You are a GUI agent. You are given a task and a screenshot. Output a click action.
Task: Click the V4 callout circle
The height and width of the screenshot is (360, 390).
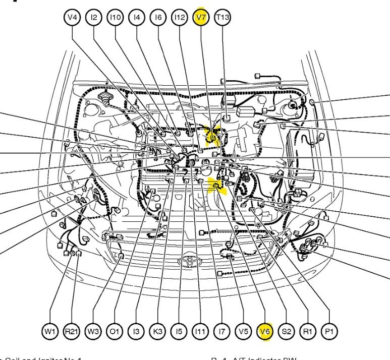[72, 18]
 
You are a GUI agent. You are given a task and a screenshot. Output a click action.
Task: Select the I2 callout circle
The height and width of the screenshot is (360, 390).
[93, 18]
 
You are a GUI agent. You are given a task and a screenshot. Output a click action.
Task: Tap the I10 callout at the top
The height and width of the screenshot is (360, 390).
[115, 18]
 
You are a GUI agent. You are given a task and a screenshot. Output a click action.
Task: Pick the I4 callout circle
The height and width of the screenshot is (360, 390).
[136, 18]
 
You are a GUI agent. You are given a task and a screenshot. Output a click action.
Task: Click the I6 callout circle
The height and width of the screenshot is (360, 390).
[158, 18]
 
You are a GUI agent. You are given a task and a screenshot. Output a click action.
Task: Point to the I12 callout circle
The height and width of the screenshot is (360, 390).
[180, 18]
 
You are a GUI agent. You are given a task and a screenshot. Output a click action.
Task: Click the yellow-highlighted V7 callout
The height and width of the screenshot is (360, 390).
[201, 18]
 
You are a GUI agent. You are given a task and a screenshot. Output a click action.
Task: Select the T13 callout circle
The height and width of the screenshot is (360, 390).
[222, 18]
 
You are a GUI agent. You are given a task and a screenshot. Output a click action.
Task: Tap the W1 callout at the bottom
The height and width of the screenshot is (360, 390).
[49, 331]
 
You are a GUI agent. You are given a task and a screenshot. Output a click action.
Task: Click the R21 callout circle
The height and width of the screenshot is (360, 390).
[71, 331]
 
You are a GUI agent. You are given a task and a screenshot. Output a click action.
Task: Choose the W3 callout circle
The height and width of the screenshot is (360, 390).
[93, 331]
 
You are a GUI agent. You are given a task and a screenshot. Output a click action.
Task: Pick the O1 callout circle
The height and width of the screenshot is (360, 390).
[115, 331]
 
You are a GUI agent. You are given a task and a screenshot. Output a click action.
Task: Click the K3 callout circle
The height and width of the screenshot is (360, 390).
[157, 331]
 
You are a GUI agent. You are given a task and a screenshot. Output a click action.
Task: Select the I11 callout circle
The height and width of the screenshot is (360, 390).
[200, 331]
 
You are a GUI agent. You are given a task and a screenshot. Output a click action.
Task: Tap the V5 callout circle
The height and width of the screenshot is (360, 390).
[243, 331]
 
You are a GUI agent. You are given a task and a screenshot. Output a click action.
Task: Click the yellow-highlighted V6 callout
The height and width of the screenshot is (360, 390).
[265, 331]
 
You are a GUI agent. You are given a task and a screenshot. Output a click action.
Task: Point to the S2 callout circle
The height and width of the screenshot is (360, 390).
[287, 331]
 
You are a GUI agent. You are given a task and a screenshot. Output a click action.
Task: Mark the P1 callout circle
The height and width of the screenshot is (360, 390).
[329, 331]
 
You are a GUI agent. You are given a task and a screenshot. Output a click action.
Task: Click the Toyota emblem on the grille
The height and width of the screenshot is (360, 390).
[190, 261]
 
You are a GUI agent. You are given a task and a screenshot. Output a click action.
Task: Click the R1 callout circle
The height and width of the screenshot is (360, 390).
[308, 331]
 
